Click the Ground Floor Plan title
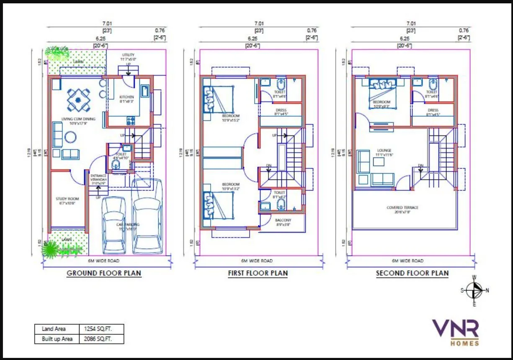[x=104, y=273]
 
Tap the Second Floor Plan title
[x=412, y=273]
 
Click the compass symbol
[x=474, y=290]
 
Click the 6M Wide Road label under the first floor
[x=257, y=261]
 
